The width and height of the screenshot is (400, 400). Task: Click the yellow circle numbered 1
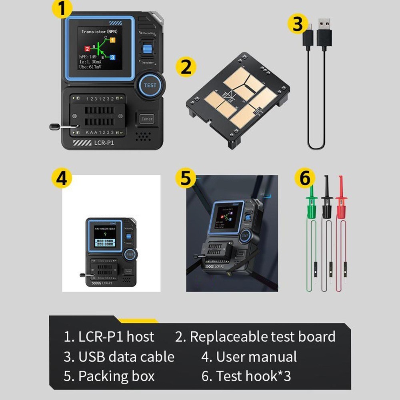tap(61, 9)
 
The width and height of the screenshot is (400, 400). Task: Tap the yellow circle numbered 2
tap(186, 67)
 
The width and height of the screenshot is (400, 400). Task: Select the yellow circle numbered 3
tap(298, 24)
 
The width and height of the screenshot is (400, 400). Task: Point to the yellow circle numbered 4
tap(61, 178)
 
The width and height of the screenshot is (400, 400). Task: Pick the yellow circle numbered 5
tap(185, 178)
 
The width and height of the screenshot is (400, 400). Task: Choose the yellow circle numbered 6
tap(305, 178)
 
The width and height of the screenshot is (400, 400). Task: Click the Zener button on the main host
tap(147, 119)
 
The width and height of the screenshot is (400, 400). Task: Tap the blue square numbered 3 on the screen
tap(112, 57)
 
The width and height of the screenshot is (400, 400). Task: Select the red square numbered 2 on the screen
tap(87, 49)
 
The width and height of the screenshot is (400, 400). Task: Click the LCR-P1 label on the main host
tap(105, 142)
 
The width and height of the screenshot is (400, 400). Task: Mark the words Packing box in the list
tap(116, 376)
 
